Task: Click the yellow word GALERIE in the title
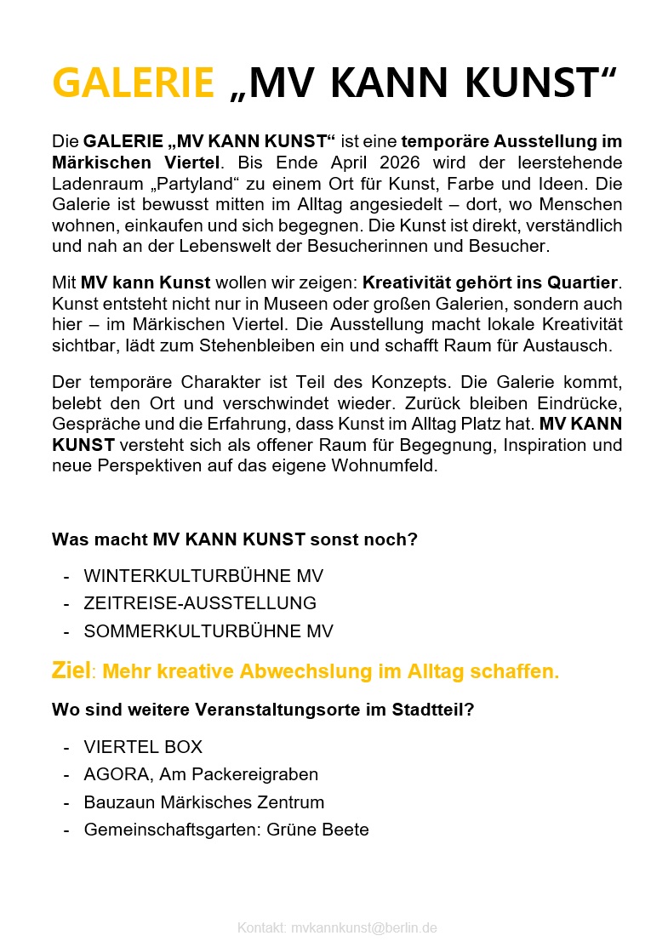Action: click(133, 83)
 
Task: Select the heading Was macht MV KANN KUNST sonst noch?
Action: click(235, 539)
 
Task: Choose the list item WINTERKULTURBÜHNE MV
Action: click(203, 576)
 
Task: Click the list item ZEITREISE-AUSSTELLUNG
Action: click(200, 603)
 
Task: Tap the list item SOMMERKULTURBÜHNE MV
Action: click(208, 631)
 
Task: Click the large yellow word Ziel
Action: click(71, 670)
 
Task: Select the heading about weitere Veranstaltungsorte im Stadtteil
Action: click(263, 710)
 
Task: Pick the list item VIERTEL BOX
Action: click(143, 747)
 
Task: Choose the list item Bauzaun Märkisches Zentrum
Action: click(204, 802)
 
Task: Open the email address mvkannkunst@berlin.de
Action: click(363, 927)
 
